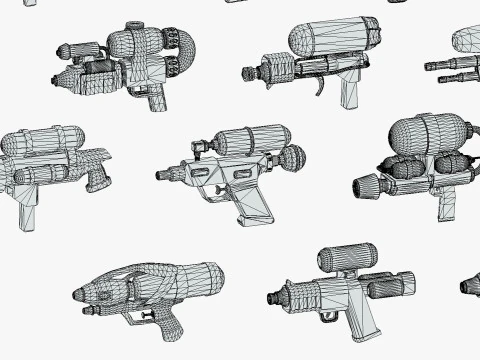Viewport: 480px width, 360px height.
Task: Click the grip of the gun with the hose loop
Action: [x=156, y=98]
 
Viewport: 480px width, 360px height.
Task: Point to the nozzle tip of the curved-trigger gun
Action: [x=247, y=73]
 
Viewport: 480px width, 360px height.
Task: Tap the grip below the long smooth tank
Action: [x=350, y=90]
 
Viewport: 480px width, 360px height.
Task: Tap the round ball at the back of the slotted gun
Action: [x=292, y=157]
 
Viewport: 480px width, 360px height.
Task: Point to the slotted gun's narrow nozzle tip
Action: [x=160, y=174]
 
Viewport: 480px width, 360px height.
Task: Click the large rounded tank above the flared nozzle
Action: [x=426, y=136]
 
